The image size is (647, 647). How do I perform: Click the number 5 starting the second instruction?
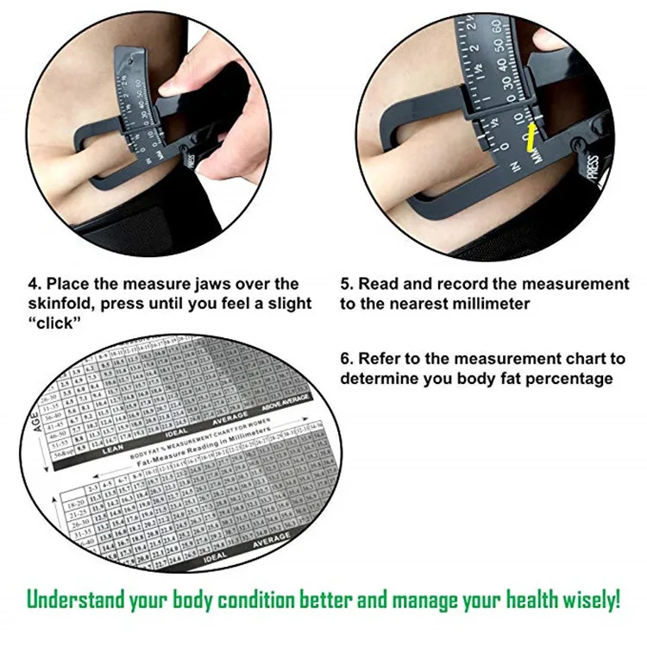pos(345,284)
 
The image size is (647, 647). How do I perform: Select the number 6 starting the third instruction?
pos(345,358)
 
